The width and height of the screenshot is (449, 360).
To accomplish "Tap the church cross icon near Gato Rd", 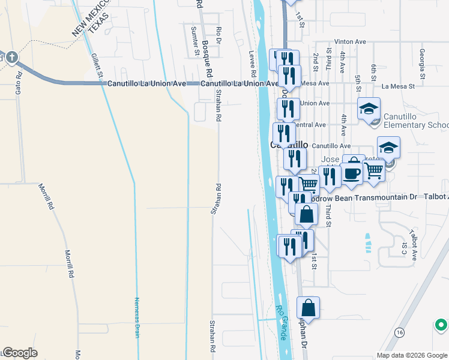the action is coord(12,58).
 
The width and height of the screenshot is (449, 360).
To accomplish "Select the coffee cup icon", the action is coord(352,173).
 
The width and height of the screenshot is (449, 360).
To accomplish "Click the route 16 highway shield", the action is coord(399,332).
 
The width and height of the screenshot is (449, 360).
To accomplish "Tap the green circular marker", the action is coord(441,325).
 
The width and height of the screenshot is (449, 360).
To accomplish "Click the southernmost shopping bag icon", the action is coord(308,308).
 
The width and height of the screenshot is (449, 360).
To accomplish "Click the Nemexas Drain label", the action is coord(137,317).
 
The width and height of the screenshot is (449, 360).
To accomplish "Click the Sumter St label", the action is coord(195,41).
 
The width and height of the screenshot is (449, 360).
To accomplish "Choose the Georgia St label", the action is coord(423,63).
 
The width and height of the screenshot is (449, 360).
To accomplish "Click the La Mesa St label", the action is coord(398,86).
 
